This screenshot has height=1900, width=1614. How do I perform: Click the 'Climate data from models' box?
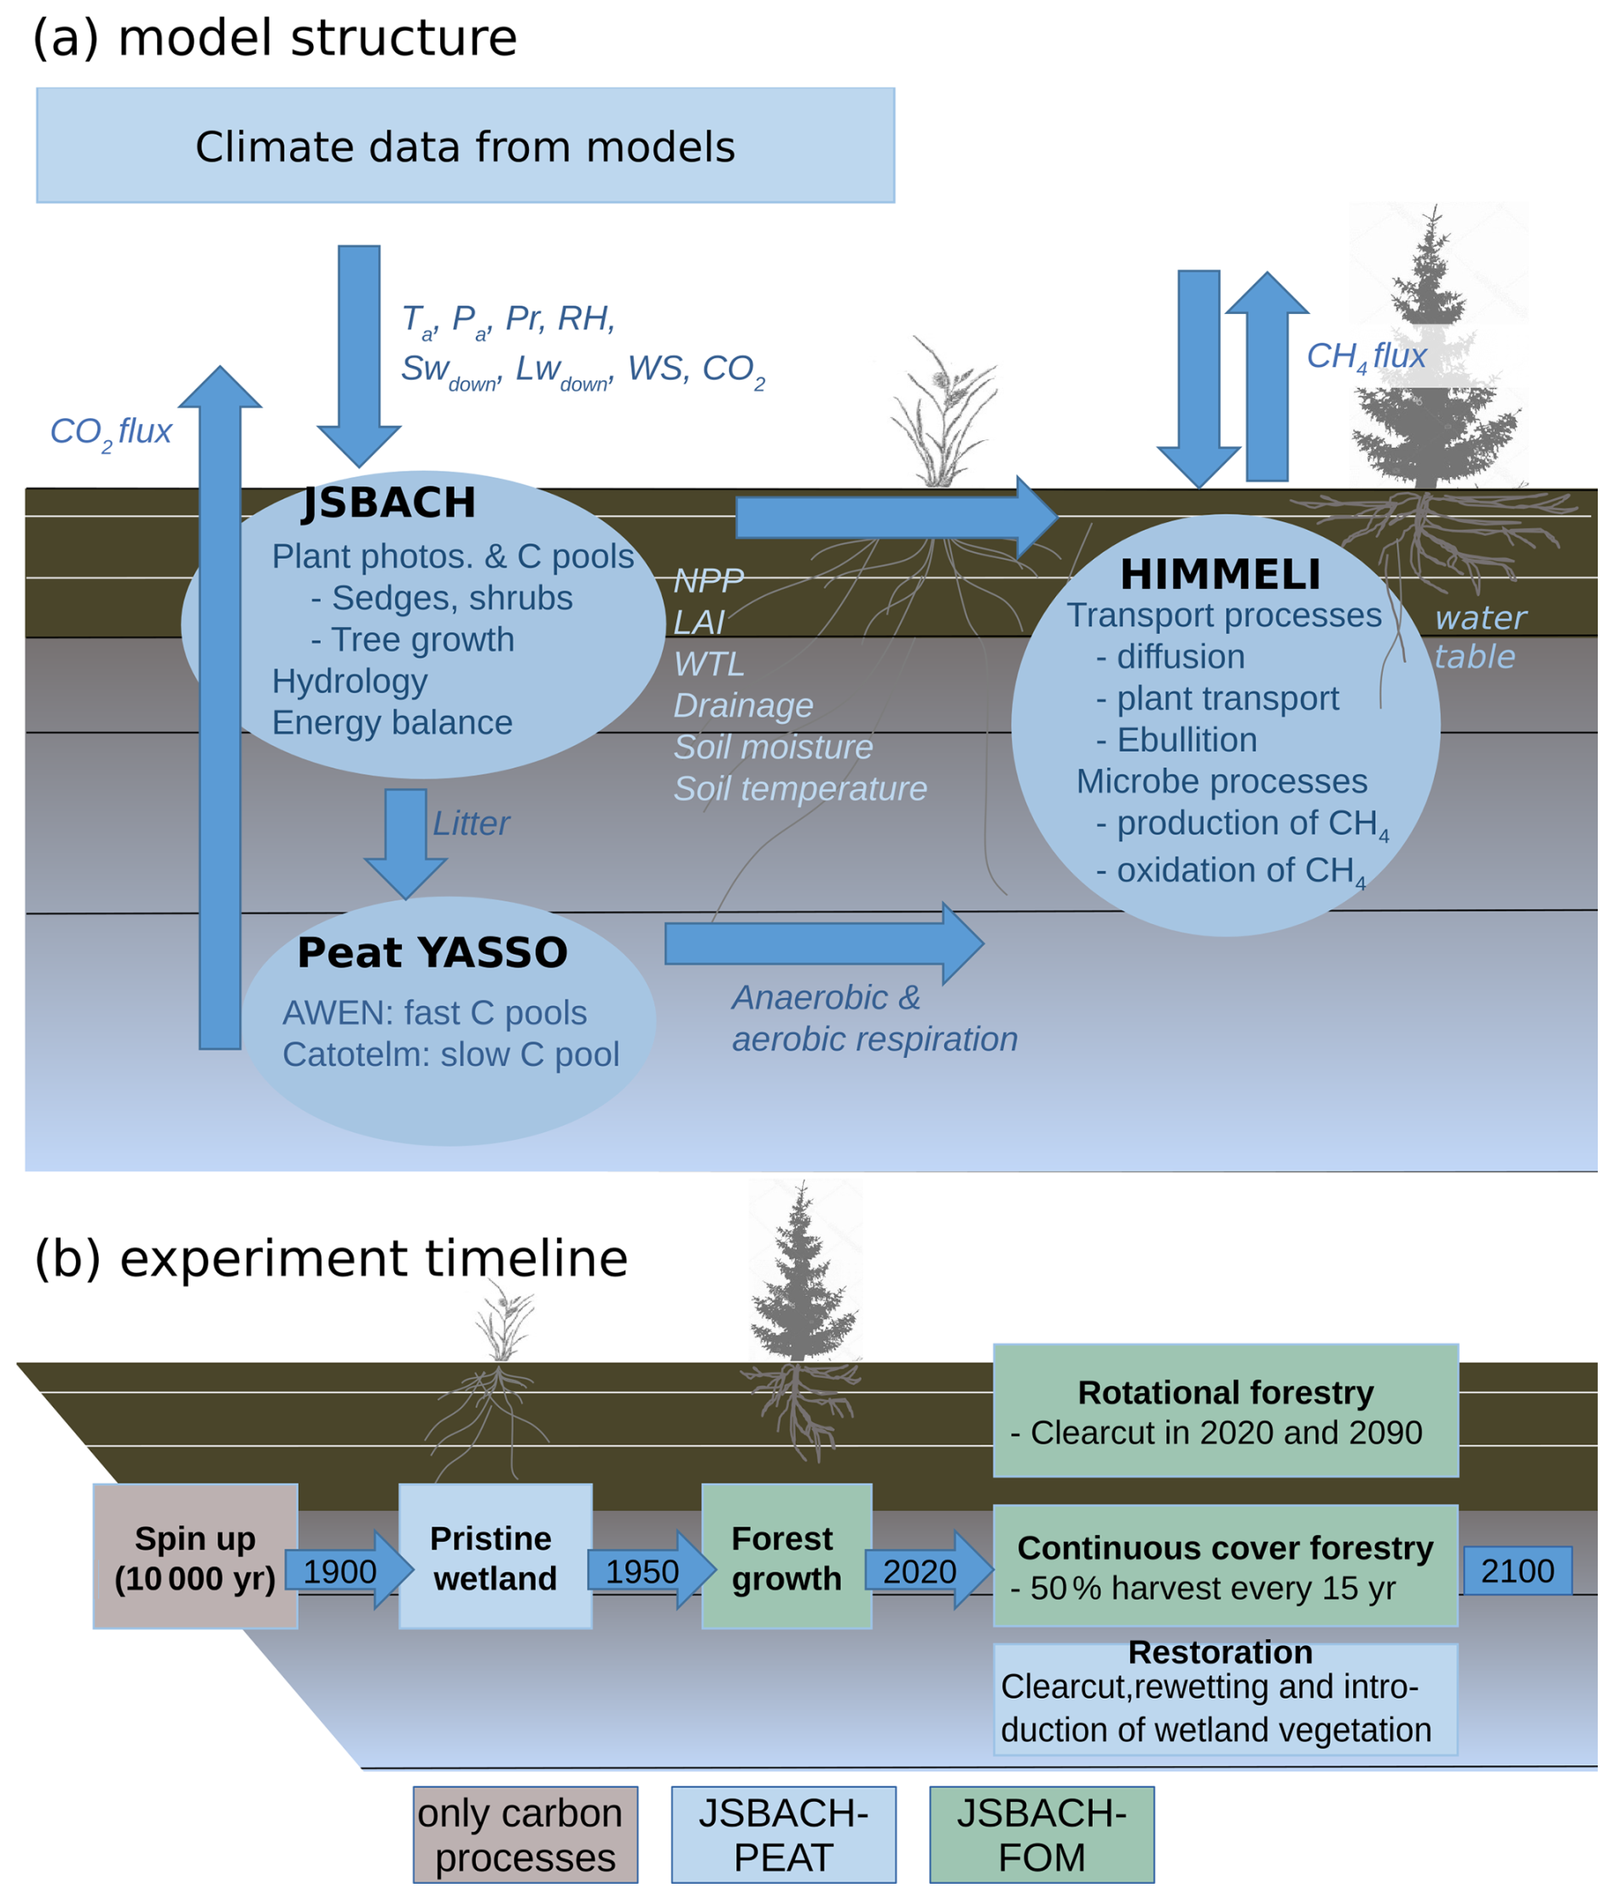click(x=465, y=146)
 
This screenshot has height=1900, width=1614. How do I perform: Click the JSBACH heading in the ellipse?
click(x=390, y=503)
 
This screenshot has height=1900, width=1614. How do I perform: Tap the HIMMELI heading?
click(x=1221, y=575)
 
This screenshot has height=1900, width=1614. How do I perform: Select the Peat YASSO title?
click(x=432, y=953)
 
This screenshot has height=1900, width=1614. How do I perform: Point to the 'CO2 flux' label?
click(x=111, y=431)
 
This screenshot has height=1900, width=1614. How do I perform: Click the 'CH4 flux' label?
click(x=1366, y=356)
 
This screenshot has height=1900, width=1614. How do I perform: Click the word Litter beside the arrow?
click(x=470, y=823)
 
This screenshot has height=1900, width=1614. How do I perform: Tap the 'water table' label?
click(x=1478, y=637)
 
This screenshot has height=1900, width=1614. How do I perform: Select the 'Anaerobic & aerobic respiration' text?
click(x=874, y=1018)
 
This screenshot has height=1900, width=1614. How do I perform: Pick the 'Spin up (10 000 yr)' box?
click(x=194, y=1557)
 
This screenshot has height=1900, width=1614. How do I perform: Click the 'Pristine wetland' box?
click(x=495, y=1557)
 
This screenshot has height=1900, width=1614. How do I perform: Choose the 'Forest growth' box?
click(x=786, y=1557)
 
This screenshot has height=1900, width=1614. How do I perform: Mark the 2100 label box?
click(x=1517, y=1571)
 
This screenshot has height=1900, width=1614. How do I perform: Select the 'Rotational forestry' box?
click(x=1225, y=1410)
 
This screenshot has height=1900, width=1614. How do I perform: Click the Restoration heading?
click(x=1220, y=1652)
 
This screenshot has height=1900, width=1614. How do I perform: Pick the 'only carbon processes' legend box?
click(x=525, y=1834)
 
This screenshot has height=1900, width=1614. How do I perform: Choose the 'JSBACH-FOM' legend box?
click(x=1042, y=1834)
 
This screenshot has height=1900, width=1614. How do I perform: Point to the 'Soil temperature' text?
click(x=799, y=789)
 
